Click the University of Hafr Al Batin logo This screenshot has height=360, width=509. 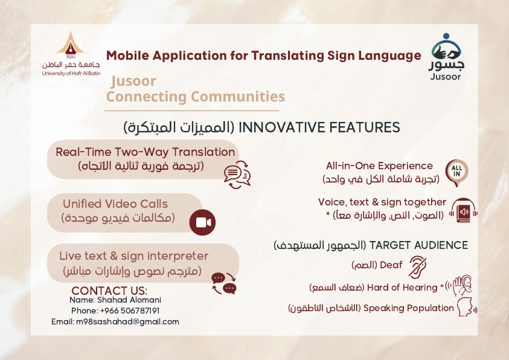click(x=71, y=54)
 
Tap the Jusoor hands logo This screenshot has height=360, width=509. click(x=446, y=57)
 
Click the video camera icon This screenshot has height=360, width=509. click(x=202, y=222)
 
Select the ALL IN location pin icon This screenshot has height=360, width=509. click(x=456, y=173)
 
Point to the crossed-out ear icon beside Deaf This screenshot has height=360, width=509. click(x=417, y=267)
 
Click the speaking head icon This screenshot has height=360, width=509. click(x=467, y=307)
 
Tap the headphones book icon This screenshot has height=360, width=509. click(x=464, y=211)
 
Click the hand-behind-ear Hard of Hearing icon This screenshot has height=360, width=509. click(x=459, y=286)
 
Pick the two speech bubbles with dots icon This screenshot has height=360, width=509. click(x=224, y=283)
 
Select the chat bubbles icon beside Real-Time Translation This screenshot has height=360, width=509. click(x=237, y=175)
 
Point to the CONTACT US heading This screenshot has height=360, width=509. click(x=109, y=290)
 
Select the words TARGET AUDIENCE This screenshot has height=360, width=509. click(x=419, y=245)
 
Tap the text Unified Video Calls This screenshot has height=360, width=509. click(x=115, y=204)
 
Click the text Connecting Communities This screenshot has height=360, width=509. click(x=196, y=97)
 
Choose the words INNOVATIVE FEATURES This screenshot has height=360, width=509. click(x=319, y=127)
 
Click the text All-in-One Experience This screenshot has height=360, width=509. click(x=379, y=166)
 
